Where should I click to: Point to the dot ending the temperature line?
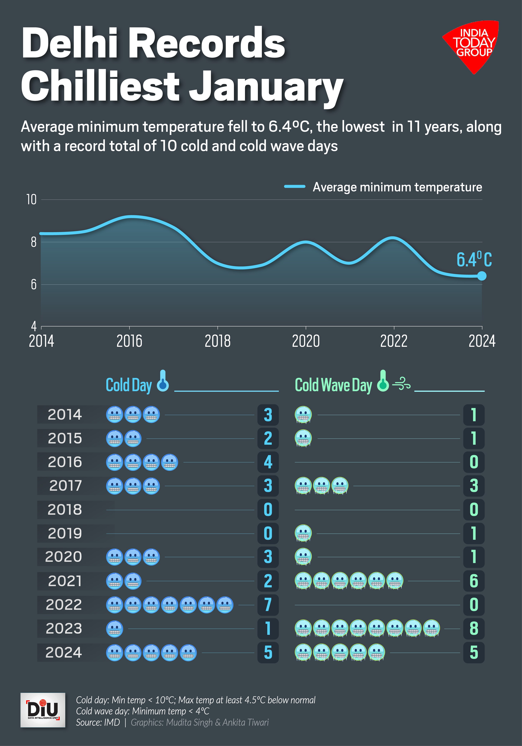point(482,276)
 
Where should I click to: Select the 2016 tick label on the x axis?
point(129,341)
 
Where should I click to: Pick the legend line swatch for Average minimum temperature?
point(295,187)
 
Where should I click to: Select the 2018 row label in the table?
point(65,510)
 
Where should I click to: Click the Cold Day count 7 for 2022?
point(268,605)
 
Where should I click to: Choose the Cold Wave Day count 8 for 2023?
point(474,628)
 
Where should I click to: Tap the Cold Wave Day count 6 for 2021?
point(474,581)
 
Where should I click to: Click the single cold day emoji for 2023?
point(115,629)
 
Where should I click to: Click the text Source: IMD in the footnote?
point(98,722)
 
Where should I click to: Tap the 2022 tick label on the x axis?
point(394,341)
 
